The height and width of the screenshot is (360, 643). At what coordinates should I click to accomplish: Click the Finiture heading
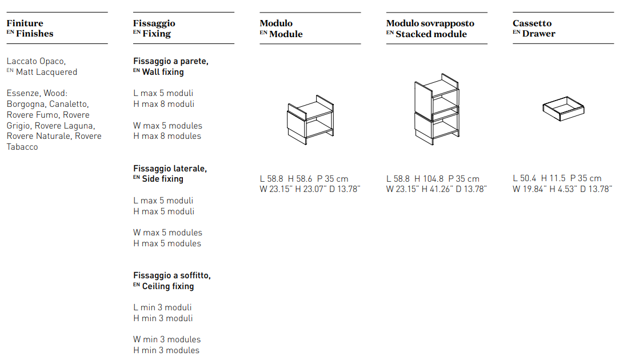[x=25, y=23]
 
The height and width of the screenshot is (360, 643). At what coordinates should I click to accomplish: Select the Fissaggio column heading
[x=154, y=23]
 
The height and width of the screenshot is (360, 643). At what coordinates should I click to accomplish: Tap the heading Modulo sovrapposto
[x=430, y=23]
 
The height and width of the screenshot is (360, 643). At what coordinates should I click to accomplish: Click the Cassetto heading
[x=532, y=23]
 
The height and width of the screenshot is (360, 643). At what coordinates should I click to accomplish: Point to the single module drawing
[x=310, y=120]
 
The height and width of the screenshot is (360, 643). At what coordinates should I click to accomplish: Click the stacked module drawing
[x=437, y=109]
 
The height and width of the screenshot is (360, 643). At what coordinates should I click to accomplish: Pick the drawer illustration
[x=563, y=109]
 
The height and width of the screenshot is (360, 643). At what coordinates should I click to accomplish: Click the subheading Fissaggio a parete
[x=170, y=61]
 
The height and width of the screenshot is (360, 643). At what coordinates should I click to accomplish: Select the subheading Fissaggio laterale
[x=170, y=169]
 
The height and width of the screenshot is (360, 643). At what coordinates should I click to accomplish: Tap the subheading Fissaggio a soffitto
[x=172, y=275]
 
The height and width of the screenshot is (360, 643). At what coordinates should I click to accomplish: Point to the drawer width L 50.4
[x=524, y=178]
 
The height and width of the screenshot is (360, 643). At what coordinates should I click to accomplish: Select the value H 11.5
[x=553, y=178]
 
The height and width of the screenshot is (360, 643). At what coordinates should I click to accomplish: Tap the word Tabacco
[x=22, y=147]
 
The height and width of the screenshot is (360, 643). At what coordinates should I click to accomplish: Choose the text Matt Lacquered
[x=46, y=72]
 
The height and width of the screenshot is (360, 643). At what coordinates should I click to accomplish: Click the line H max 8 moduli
[x=163, y=104]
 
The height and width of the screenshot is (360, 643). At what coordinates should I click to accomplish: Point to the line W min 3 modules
[x=167, y=339]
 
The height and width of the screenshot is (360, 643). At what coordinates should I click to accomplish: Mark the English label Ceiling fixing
[x=167, y=286]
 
